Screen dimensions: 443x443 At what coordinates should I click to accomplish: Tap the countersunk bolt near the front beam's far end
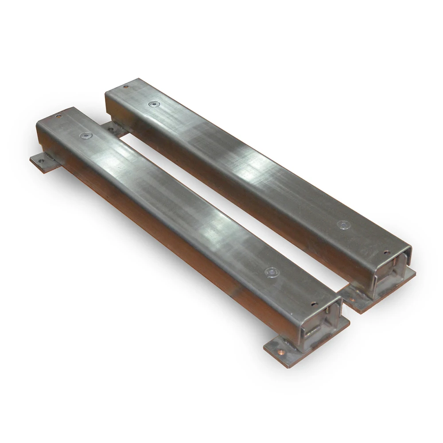[85, 135]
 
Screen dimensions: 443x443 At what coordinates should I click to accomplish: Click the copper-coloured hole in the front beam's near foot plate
[280, 350]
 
